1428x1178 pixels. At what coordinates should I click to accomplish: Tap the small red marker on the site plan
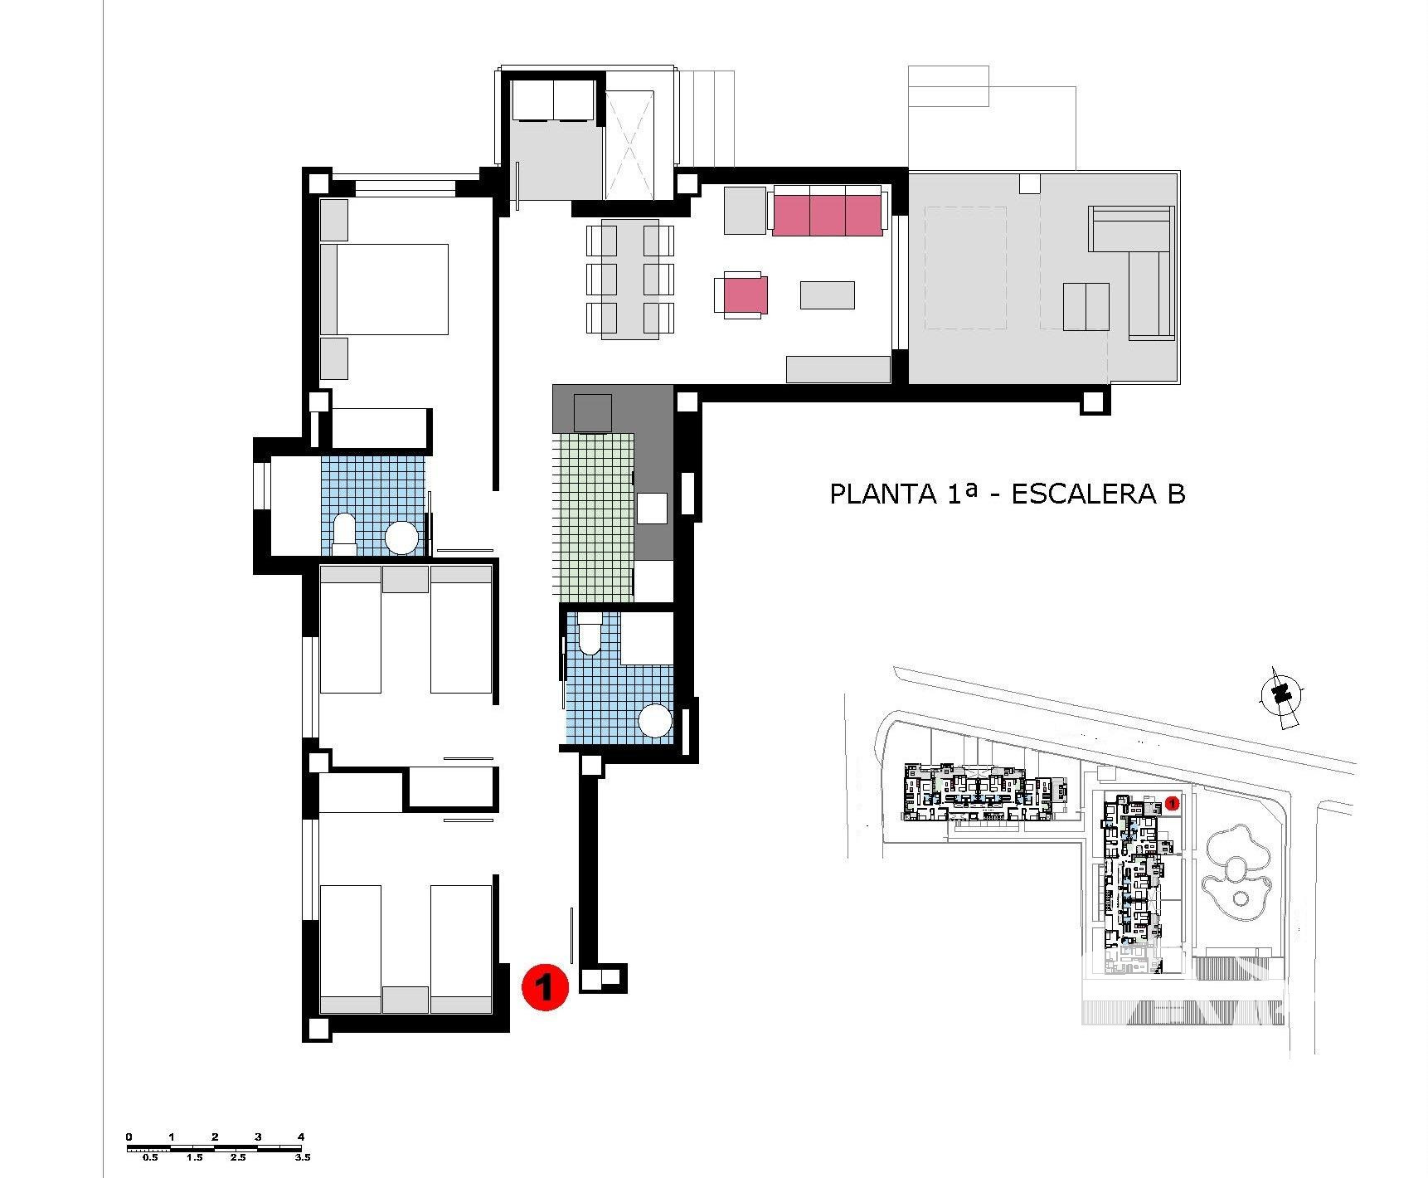(x=1172, y=802)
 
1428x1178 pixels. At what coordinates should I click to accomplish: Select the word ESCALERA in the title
(x=1083, y=494)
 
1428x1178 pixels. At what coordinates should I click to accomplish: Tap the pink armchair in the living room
(x=741, y=295)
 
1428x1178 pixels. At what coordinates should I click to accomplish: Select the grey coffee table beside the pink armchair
(x=827, y=295)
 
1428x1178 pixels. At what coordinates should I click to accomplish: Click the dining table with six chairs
(x=630, y=279)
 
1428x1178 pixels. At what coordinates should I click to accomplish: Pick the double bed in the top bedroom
(x=384, y=289)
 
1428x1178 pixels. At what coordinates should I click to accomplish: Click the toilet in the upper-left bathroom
(x=344, y=534)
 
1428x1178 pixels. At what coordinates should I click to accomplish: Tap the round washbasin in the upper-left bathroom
(x=402, y=538)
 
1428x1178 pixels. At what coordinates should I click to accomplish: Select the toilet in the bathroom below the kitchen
(x=590, y=634)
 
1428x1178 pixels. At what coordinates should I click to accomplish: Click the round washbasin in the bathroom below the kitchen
(x=655, y=720)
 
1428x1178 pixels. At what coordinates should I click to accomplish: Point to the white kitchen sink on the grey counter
(x=652, y=508)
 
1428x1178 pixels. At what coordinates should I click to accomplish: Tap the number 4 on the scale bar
(x=301, y=1137)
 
